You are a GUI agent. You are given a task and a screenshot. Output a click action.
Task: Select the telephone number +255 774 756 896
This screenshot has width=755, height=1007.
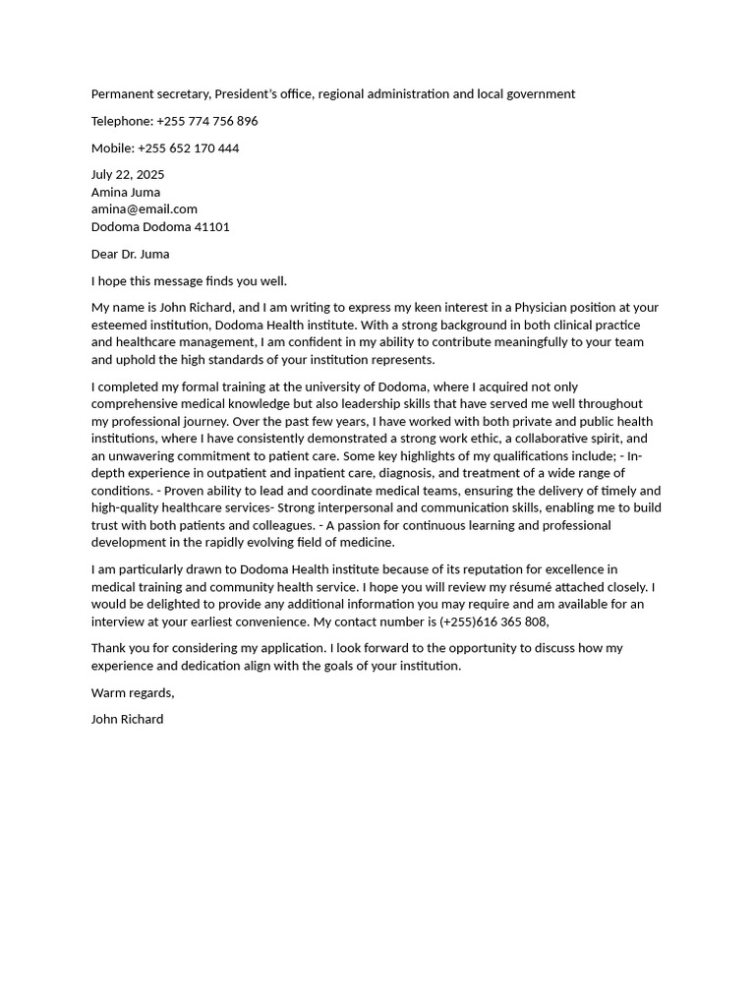(206, 121)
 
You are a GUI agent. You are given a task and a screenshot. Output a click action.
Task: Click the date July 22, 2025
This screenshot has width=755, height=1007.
(128, 174)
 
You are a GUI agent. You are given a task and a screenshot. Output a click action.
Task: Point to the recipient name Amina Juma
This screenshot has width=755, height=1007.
(126, 192)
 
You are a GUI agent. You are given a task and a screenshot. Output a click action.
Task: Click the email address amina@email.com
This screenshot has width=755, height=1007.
(145, 208)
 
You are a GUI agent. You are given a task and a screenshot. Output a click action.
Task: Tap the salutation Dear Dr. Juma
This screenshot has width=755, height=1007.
(131, 254)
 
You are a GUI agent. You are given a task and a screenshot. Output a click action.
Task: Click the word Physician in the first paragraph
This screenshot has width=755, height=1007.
(545, 308)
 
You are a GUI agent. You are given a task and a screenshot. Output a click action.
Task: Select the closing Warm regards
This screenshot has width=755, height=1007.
(133, 692)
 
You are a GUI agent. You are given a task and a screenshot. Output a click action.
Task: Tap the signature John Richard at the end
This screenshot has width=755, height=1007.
(128, 719)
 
